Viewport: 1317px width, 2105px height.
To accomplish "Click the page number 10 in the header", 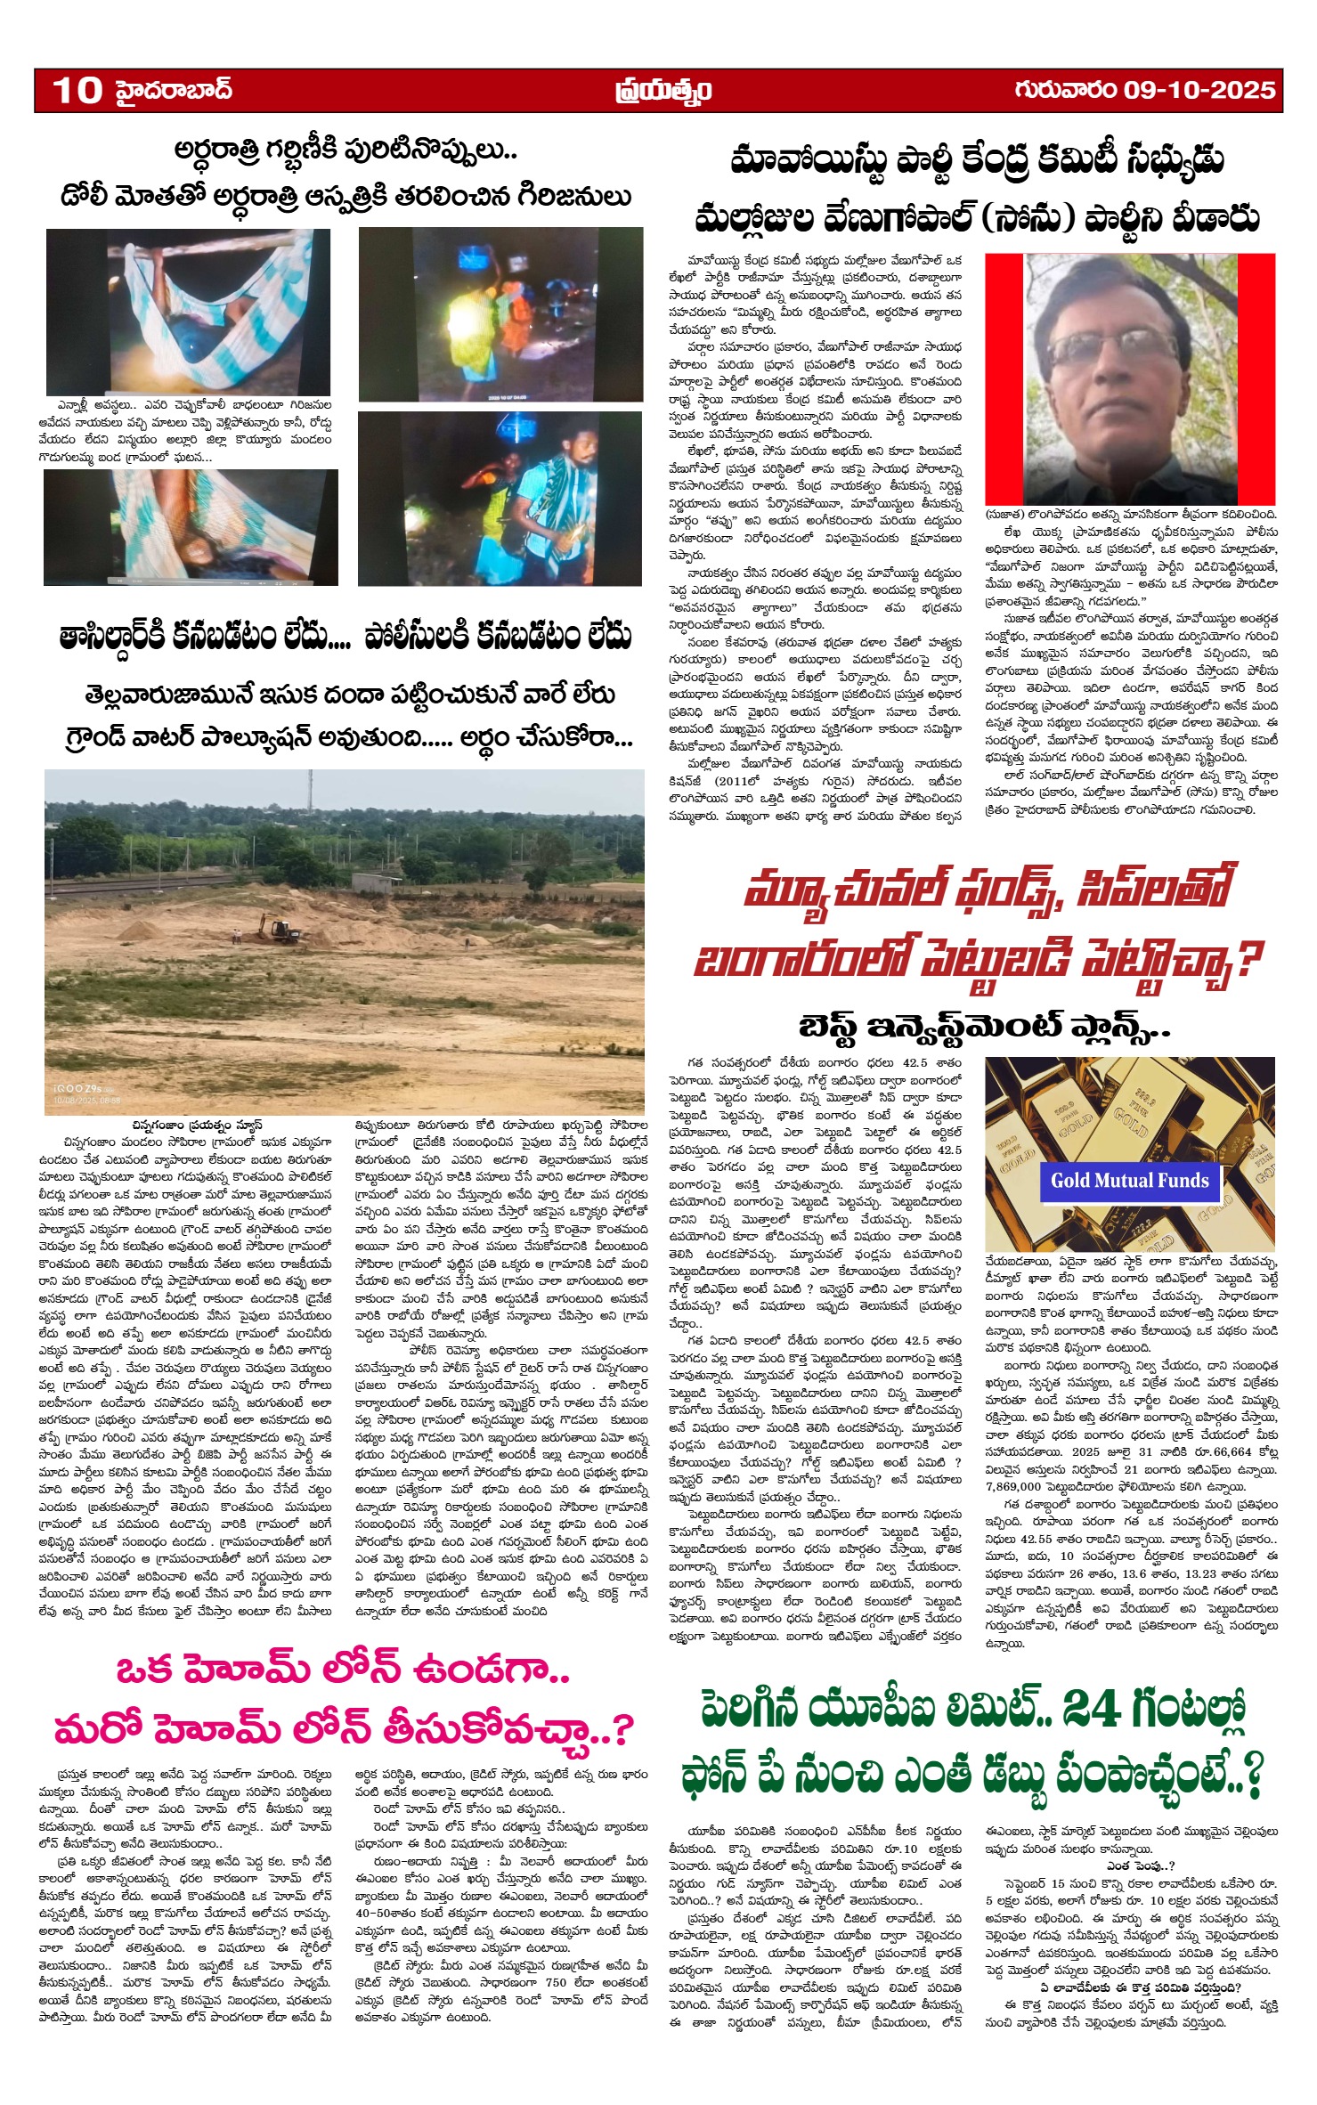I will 77,90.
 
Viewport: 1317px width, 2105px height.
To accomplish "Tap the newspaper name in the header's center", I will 663,91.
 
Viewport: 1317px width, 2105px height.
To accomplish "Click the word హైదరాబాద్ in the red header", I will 173,90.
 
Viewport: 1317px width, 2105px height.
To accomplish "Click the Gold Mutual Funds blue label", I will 1129,1181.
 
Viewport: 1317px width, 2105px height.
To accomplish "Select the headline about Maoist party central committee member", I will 976,189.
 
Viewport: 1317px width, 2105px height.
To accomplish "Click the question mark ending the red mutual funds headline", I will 1250,960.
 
